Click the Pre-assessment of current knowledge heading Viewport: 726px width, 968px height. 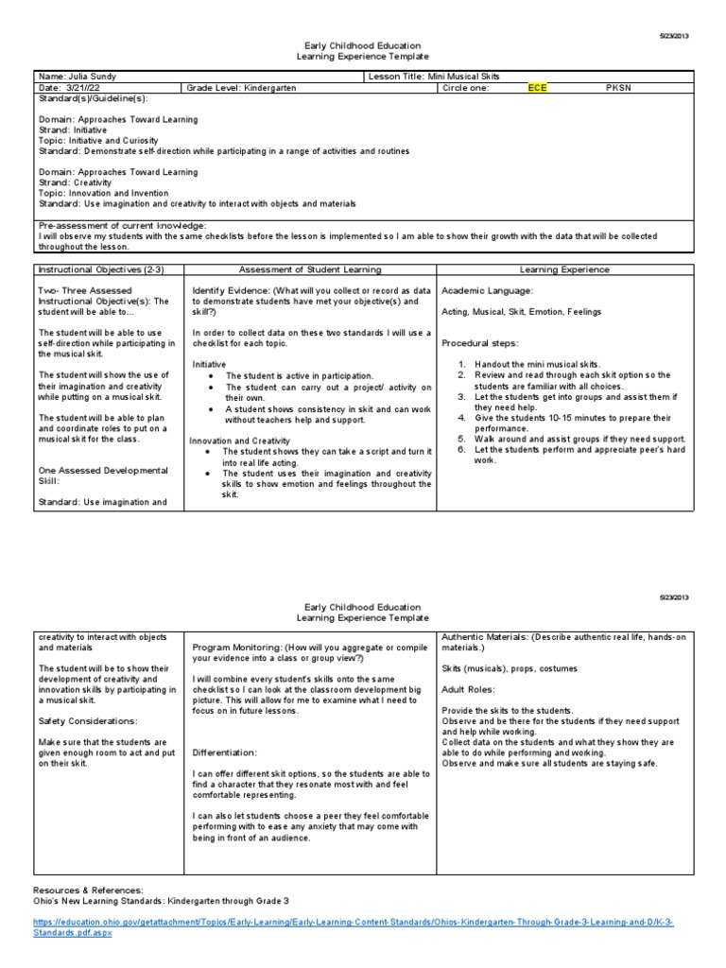pos(121,226)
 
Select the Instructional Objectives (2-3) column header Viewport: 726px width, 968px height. pos(100,269)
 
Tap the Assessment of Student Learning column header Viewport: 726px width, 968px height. pos(310,269)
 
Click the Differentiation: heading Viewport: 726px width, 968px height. pos(225,752)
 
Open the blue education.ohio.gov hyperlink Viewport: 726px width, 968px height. pos(359,919)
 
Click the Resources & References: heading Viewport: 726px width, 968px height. pos(89,890)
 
